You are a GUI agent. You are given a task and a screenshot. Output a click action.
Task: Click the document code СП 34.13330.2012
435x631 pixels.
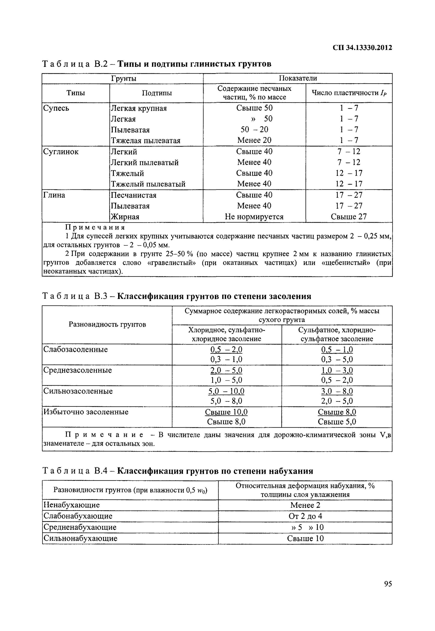(362, 48)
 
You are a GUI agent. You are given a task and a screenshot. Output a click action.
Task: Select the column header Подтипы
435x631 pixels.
(157, 93)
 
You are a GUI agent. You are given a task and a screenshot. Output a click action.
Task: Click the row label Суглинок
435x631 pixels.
(61, 152)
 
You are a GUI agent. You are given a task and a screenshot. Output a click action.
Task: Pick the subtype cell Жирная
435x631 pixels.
(125, 217)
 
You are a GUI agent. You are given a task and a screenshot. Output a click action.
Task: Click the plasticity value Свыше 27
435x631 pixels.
(349, 217)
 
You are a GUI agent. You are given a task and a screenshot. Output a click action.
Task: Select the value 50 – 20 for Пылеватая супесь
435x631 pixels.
(254, 130)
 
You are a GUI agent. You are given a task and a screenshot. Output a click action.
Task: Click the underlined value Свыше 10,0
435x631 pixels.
(226, 412)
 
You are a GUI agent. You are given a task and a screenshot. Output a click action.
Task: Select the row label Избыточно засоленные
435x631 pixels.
(86, 412)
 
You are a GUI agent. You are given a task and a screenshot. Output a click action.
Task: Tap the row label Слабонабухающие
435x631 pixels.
(78, 516)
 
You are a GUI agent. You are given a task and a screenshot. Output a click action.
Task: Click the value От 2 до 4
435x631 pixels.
(305, 516)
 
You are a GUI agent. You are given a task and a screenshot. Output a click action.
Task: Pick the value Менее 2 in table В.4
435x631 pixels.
(305, 505)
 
